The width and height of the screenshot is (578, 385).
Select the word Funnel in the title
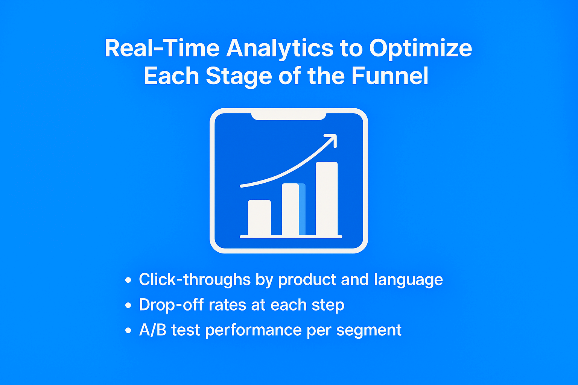[390, 76]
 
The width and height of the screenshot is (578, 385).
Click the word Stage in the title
[239, 77]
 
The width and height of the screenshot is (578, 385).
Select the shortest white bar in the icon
[259, 218]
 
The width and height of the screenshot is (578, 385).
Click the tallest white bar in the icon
[327, 199]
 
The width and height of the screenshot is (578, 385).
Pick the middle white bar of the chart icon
[290, 209]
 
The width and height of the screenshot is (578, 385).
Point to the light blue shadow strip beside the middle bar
[302, 209]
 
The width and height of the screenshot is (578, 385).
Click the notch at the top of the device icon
[289, 116]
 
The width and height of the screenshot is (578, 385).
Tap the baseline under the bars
[291, 237]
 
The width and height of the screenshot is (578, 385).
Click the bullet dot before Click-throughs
[128, 280]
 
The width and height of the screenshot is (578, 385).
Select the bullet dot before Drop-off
[128, 305]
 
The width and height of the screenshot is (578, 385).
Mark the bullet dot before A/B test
[128, 330]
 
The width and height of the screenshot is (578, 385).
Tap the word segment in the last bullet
[369, 331]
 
